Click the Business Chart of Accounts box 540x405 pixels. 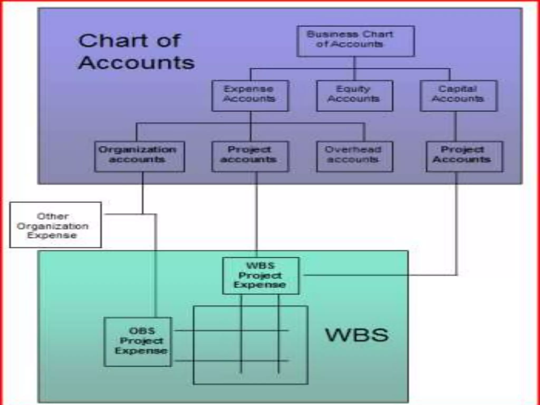355,41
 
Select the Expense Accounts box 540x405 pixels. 250,95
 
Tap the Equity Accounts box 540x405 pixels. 355,95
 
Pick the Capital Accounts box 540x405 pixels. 459,95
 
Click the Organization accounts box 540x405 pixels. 139,157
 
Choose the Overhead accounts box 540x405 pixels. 355,157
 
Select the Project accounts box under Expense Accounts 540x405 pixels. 250,157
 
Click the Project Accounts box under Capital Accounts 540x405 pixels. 464,157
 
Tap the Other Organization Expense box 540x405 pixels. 55,225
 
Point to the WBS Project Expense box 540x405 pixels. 261,276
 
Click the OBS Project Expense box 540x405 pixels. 138,342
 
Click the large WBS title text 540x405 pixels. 357,335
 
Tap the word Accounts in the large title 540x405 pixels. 136,63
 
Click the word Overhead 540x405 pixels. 353,150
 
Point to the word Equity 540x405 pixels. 353,89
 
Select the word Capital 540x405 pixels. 457,89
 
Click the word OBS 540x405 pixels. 142,331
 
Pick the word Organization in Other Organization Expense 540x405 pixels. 53,226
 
